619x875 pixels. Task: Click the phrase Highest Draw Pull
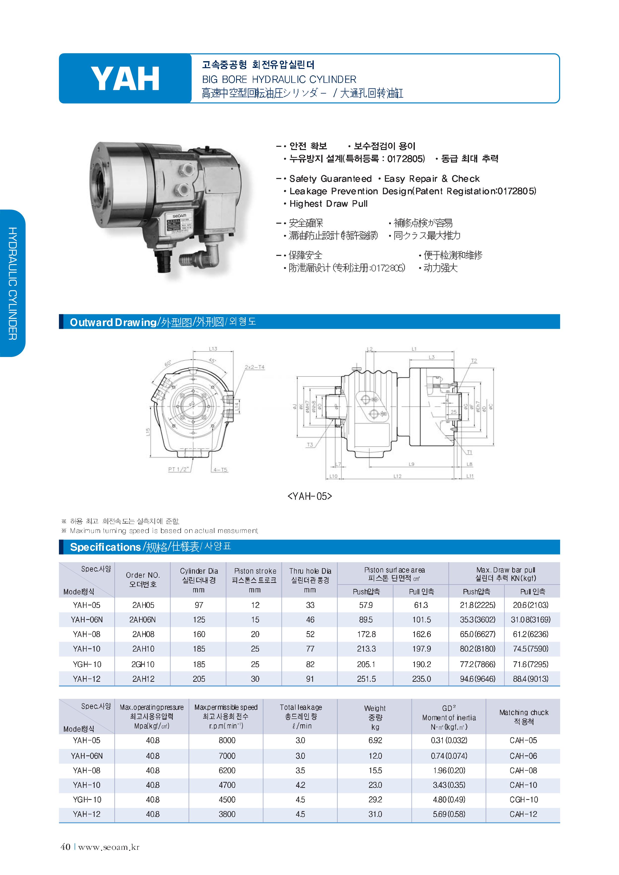(328, 204)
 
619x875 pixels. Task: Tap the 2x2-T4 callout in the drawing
(254, 367)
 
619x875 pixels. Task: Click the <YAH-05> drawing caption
(309, 496)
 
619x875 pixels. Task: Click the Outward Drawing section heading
(113, 323)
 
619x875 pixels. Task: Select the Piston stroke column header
(255, 571)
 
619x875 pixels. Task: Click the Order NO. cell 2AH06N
(143, 620)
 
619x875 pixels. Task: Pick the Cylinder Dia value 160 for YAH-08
(199, 634)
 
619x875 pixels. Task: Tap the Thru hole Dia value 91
(310, 679)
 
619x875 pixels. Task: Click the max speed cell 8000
(227, 740)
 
